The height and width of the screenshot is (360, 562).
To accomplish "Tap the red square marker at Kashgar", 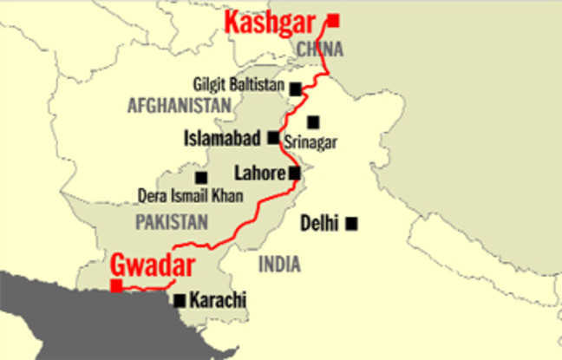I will click(x=333, y=20).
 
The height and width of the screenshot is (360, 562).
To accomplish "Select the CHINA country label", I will click(x=320, y=49).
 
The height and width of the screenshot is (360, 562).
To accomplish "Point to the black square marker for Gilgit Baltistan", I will click(x=296, y=88).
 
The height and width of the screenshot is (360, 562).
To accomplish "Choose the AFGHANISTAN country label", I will click(x=180, y=106).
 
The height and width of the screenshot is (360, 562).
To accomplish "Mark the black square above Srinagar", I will click(x=313, y=122).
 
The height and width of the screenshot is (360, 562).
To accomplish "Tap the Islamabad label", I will click(x=224, y=138).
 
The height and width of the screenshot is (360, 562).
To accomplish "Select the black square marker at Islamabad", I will click(x=273, y=137).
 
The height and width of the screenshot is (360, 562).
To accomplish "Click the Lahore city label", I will click(x=260, y=173).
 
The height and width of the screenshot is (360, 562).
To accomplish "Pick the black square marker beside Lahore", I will click(x=295, y=173).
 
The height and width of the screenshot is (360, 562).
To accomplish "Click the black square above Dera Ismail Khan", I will click(x=201, y=177).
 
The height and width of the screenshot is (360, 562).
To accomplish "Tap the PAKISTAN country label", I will click(x=171, y=222).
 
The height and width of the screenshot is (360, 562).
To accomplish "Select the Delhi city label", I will click(x=319, y=224).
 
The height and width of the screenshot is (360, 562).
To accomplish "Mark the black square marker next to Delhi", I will click(x=351, y=224).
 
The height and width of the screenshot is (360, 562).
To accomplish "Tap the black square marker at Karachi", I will click(x=180, y=301).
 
